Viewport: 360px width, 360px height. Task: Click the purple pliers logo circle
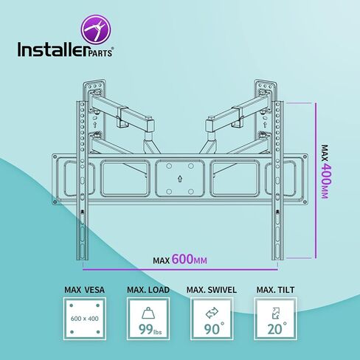point(96,30)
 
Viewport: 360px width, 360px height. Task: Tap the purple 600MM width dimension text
point(190,259)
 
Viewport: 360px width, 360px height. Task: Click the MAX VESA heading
point(84,290)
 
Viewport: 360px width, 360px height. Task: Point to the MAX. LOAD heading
point(148,290)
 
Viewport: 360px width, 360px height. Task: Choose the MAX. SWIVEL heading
point(212,290)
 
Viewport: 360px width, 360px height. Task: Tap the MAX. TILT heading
point(275,290)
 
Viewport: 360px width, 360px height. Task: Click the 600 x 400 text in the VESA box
point(84,319)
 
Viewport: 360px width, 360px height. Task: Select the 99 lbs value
point(150,329)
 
